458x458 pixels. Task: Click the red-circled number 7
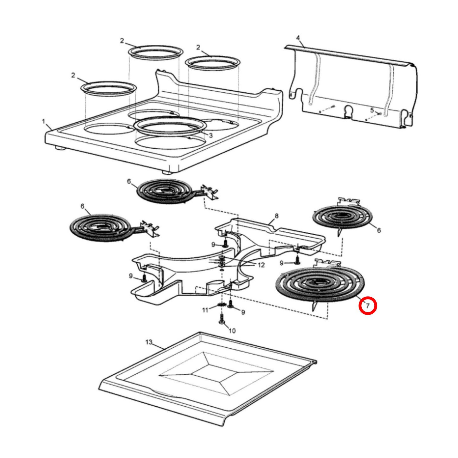click(368, 306)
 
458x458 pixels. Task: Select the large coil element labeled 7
click(320, 284)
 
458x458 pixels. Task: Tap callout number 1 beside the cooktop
click(43, 122)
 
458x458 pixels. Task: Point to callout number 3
click(211, 136)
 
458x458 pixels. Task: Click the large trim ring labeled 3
click(170, 126)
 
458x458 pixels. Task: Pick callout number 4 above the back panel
click(298, 38)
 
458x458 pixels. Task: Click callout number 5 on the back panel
click(372, 110)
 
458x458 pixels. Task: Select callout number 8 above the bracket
click(277, 216)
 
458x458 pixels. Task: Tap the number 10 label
click(232, 331)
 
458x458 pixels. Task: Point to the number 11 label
click(205, 310)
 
